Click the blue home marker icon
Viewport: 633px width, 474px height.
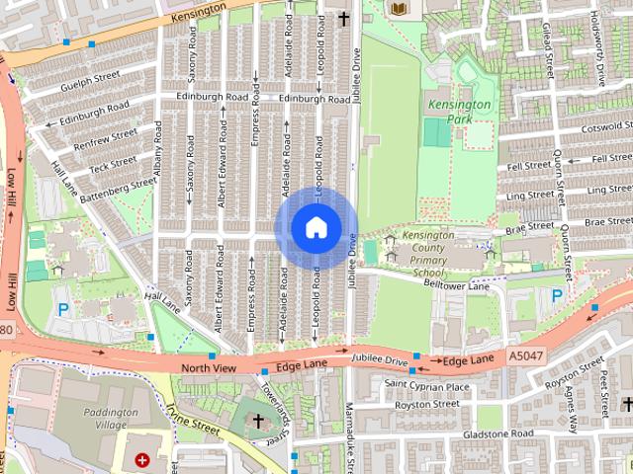316,228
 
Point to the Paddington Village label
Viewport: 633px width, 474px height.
111,418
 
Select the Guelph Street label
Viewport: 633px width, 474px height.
89,87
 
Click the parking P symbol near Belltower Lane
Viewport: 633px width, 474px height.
556,295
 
